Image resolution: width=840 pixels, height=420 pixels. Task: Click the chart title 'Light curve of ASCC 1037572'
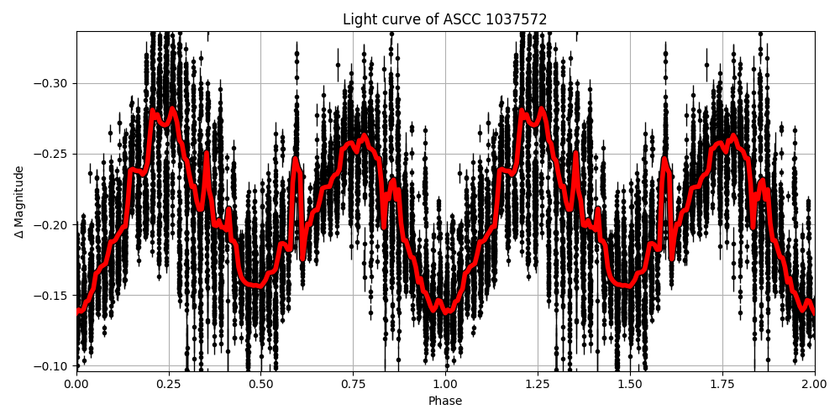445,19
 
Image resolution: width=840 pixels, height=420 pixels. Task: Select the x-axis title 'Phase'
445,402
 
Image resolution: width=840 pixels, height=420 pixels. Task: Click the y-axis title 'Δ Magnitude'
19,202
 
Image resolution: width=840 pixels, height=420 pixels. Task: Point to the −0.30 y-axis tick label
53,83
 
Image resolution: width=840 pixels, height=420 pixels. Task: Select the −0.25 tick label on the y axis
53,154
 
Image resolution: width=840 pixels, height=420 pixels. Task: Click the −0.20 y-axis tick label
53,224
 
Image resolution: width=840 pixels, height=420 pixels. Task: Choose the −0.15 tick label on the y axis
53,296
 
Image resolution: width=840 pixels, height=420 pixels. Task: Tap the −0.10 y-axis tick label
53,366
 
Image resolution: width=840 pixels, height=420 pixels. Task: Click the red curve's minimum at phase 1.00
446,310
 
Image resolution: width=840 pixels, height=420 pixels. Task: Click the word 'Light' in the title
357,19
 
